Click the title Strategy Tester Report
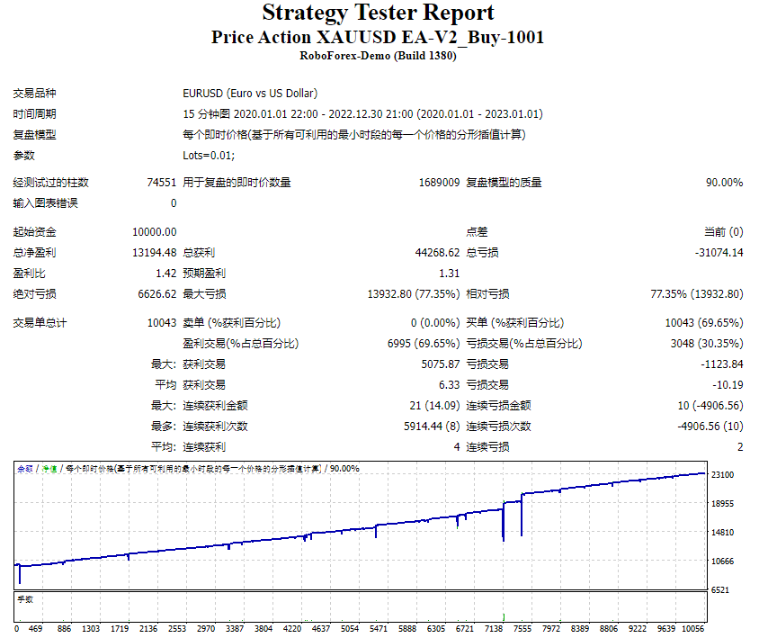coord(378,13)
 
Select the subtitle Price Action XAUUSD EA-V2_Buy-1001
coord(378,38)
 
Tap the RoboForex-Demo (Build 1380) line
coord(378,56)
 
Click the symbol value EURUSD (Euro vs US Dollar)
coord(250,94)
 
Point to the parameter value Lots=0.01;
coord(209,156)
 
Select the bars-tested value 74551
coord(162,183)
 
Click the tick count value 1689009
coord(439,183)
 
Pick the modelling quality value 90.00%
coord(725,183)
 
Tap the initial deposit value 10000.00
coord(154,232)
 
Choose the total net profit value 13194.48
coord(154,253)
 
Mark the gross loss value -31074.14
coord(719,253)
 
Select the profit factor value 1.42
coord(166,274)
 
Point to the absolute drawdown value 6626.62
coord(156,294)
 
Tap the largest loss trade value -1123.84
coord(723,364)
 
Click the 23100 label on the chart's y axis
coord(722,475)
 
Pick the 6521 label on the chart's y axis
coord(719,589)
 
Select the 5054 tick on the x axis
coord(349,629)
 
